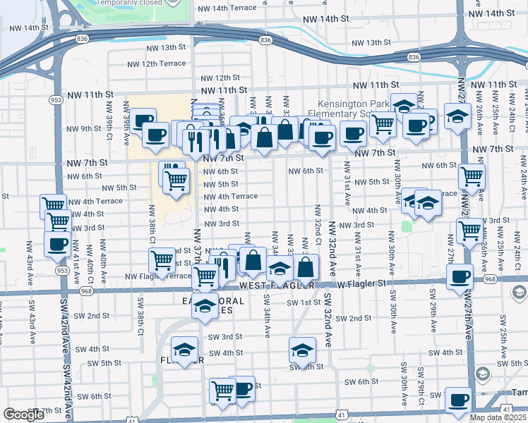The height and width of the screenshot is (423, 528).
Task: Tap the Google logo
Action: click(23, 415)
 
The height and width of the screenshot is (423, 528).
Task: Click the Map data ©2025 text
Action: click(498, 417)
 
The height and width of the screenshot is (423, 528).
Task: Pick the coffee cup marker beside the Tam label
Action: click(458, 399)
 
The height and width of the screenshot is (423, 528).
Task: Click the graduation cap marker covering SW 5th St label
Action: click(302, 350)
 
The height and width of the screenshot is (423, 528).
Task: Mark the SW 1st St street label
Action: click(304, 302)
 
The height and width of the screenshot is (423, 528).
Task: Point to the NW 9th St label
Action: click(82, 128)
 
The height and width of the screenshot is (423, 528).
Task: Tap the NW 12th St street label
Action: click(220, 78)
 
